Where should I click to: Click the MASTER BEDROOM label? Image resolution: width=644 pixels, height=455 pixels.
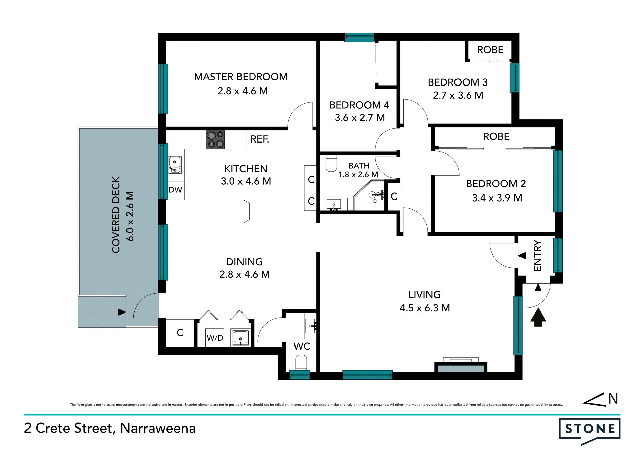pos(240,77)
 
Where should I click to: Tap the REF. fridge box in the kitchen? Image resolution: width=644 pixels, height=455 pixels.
pos(260,139)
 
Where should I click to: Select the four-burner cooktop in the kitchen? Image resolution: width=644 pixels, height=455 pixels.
pos(215,139)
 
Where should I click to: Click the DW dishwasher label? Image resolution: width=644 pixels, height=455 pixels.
pos(175,190)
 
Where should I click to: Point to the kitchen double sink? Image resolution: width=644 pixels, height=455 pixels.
pos(175,165)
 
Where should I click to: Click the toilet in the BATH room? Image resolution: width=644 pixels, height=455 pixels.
pos(331,163)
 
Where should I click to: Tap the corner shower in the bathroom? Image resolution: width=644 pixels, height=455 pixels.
pos(369,195)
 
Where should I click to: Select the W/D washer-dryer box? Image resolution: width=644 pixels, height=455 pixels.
pos(215,338)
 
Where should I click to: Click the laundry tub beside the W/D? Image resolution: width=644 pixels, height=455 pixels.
pos(240,338)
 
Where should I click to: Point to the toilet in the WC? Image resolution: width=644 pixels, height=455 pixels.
pos(301,363)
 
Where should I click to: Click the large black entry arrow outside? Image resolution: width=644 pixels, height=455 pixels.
pos(538,317)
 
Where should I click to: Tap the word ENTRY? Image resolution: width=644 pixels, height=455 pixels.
pos(538,255)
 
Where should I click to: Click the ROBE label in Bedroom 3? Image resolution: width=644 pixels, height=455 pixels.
pos(490,50)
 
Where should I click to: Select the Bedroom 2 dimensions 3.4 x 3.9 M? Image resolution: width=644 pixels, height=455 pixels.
pos(497,198)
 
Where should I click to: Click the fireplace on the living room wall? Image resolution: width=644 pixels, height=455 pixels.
pos(461,365)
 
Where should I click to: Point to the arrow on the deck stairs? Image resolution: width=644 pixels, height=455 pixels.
pos(122,312)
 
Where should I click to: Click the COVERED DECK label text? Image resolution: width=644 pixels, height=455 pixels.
pos(116,215)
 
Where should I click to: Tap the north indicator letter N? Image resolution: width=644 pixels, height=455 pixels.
pos(613,398)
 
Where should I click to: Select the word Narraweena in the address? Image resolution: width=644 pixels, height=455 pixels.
pos(158,428)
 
